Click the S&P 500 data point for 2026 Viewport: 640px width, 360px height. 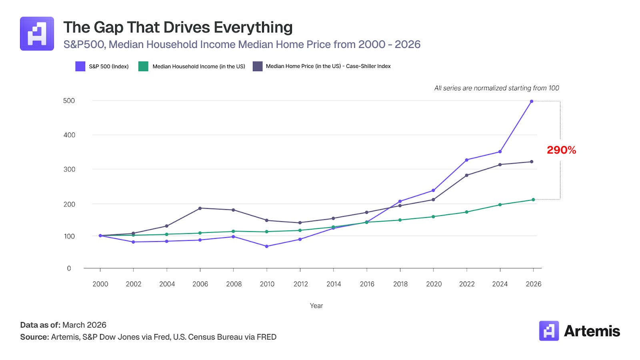(532, 101)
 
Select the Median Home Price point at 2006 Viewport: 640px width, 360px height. (200, 208)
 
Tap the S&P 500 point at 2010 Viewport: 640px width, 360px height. (267, 246)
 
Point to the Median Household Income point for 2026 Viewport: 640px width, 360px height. (533, 200)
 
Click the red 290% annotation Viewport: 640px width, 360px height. (561, 150)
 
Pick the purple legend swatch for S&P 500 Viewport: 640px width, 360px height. (80, 66)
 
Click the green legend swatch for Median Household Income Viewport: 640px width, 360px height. (143, 66)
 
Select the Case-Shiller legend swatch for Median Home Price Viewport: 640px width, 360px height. (258, 66)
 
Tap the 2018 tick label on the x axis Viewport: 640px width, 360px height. (400, 284)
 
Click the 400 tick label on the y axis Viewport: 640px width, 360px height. (69, 135)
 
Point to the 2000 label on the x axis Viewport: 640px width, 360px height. (100, 284)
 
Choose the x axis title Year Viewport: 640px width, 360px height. (316, 306)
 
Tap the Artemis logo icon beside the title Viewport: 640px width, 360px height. (37, 34)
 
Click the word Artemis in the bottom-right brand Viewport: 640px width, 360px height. (592, 331)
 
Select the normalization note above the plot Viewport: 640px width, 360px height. (496, 88)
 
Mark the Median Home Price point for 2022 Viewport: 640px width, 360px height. (467, 175)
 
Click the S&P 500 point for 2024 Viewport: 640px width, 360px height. (500, 152)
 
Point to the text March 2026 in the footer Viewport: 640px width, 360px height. (84, 325)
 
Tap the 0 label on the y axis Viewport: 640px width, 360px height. (69, 268)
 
